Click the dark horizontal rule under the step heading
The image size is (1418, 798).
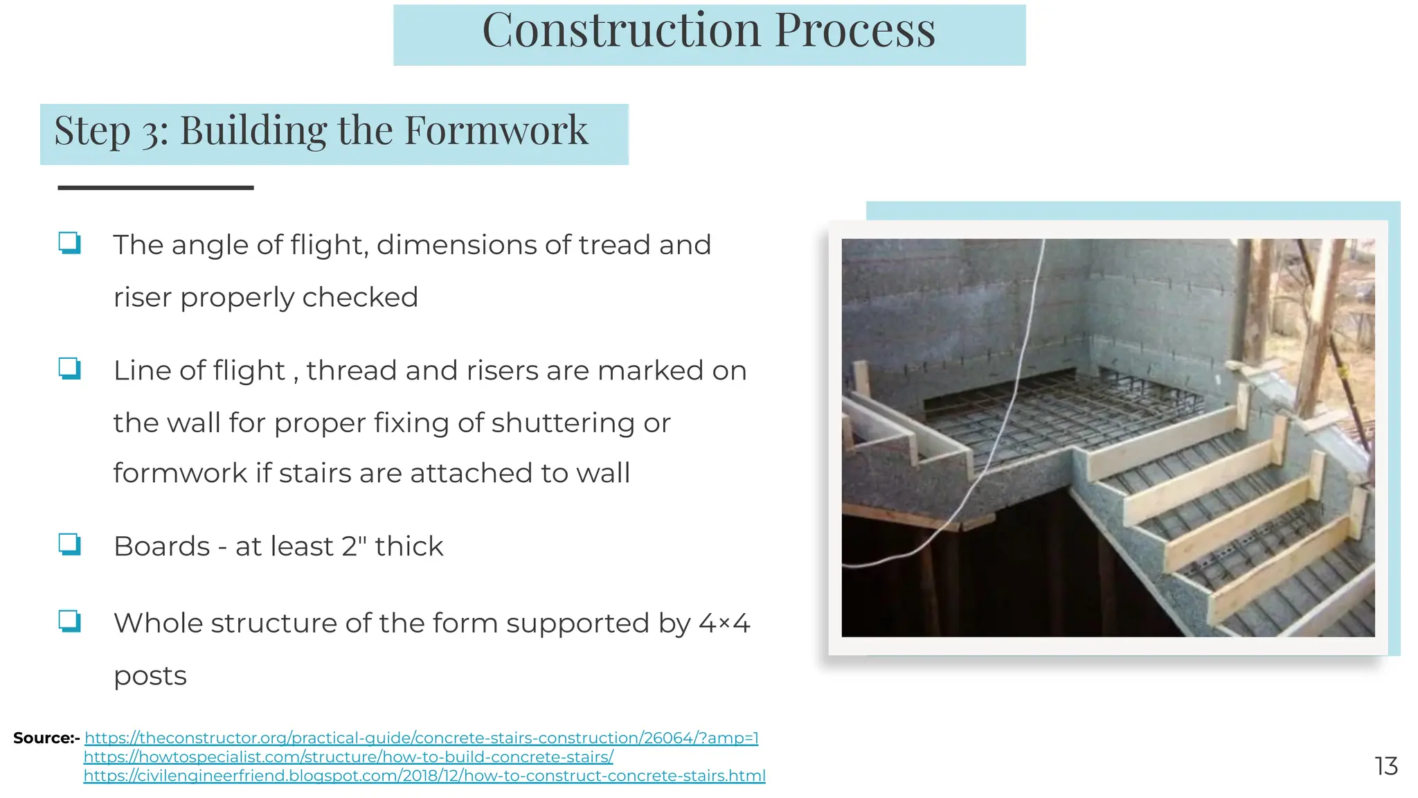[155, 187]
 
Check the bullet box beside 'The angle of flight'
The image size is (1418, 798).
[69, 243]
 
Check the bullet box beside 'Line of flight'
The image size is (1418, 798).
[69, 369]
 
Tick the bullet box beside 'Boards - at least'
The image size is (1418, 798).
[69, 544]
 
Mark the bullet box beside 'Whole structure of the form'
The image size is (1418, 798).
[69, 621]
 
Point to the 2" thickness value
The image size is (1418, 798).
[354, 546]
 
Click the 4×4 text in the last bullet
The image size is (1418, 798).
[724, 623]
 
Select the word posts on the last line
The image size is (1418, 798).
[150, 675]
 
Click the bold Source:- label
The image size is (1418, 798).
[46, 738]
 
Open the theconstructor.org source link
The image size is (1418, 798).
[421, 738]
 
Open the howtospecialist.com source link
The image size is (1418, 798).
[348, 756]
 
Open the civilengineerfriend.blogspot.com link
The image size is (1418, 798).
[424, 775]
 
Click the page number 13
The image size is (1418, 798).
[1385, 765]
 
